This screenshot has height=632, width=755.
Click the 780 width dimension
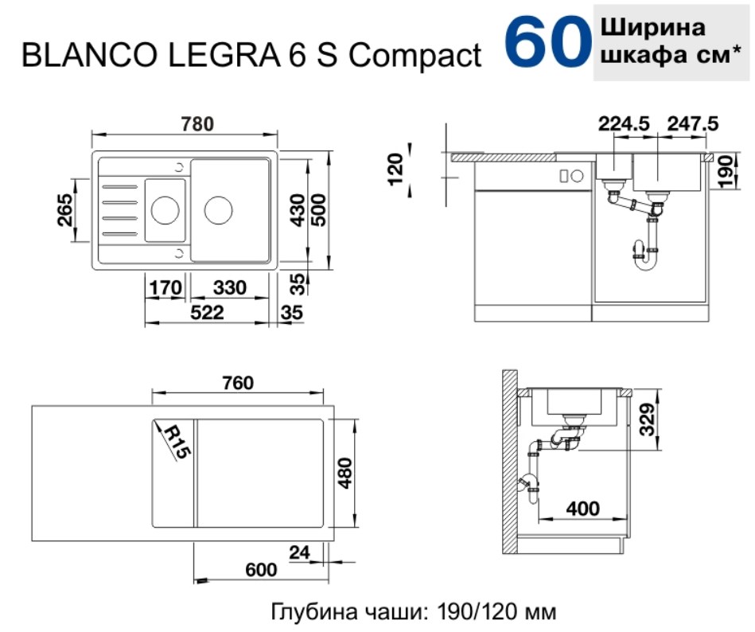point(197,124)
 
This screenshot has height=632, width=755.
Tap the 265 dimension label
point(64,209)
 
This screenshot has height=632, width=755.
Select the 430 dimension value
point(298,210)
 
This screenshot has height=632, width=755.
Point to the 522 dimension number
point(207,313)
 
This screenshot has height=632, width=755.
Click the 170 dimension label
point(165,287)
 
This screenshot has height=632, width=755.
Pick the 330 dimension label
point(230,287)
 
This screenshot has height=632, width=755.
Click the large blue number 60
point(548,43)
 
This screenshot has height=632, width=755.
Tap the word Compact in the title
point(414,56)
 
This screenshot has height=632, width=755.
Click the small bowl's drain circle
point(165,209)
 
